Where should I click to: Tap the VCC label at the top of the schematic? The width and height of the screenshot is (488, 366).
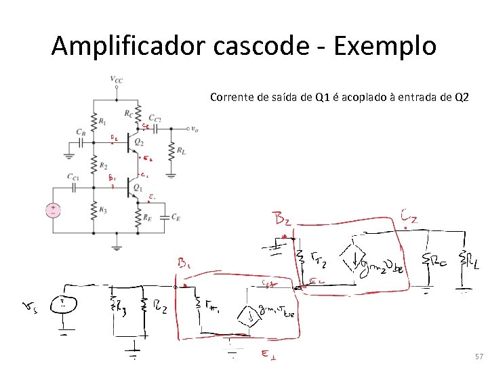point(117,79)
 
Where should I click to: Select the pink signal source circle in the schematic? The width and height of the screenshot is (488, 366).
point(52,209)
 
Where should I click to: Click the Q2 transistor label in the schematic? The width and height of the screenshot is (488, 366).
point(139,142)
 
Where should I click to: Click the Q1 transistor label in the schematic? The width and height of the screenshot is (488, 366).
point(138,188)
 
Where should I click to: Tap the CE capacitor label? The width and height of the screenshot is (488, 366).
point(176,217)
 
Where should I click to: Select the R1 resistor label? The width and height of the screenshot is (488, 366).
point(102,121)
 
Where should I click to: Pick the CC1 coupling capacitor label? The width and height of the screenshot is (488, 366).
point(73,177)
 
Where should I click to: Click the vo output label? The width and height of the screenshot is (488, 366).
point(195,128)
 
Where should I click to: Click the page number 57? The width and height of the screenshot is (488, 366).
point(479,357)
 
